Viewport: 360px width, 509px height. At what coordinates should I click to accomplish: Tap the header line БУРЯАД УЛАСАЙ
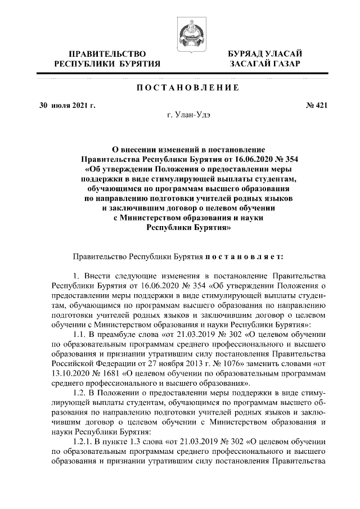pyautogui.click(x=264, y=53)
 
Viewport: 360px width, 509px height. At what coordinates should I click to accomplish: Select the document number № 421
pyautogui.click(x=316, y=105)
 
